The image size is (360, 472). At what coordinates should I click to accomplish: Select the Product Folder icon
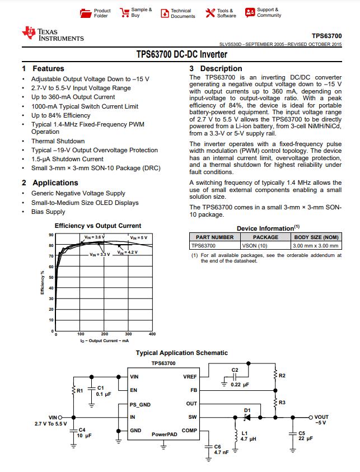[85, 13]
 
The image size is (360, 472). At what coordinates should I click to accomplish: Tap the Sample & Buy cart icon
[125, 13]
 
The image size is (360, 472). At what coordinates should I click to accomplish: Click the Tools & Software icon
[210, 13]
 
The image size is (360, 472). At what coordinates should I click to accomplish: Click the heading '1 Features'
[43, 68]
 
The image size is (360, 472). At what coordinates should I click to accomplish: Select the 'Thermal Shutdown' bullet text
[58, 141]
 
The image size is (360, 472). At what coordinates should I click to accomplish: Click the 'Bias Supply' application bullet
[48, 212]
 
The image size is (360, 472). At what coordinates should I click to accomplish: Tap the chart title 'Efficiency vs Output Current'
[98, 226]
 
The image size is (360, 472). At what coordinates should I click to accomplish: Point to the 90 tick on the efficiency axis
[51, 235]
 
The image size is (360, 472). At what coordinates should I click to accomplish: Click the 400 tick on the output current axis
[152, 334]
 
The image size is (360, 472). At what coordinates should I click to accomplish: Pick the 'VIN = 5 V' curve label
[139, 238]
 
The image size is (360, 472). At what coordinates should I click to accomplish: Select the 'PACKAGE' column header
[265, 237]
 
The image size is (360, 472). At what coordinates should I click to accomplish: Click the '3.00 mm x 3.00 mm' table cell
[316, 245]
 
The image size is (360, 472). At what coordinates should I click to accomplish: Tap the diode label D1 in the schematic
[247, 410]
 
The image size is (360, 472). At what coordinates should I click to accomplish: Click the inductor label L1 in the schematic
[244, 432]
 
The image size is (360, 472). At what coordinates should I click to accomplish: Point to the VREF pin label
[190, 377]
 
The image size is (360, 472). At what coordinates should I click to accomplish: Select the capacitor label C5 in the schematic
[302, 433]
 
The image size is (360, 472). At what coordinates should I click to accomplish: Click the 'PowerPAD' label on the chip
[164, 434]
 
